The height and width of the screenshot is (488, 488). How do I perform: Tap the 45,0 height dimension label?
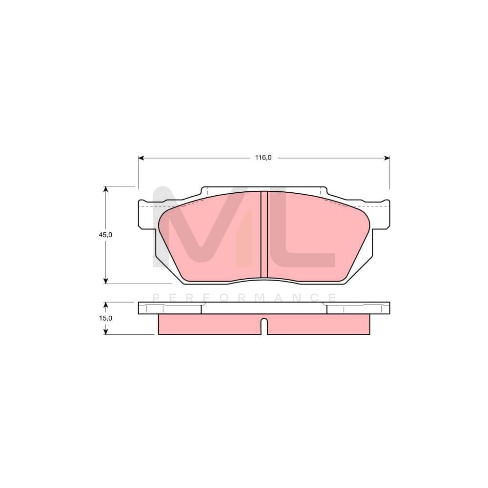(x=106, y=235)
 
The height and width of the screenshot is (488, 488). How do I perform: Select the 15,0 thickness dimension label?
(x=106, y=318)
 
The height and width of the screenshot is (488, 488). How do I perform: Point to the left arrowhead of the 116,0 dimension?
(x=141, y=158)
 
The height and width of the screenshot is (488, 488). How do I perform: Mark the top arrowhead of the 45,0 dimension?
(x=105, y=189)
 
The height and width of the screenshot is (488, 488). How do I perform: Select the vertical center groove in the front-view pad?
(x=264, y=234)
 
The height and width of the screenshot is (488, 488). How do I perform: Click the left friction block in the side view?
(x=209, y=325)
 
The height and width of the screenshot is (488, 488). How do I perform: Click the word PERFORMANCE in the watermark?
(x=244, y=297)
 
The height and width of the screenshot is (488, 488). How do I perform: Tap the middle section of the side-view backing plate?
(x=264, y=308)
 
